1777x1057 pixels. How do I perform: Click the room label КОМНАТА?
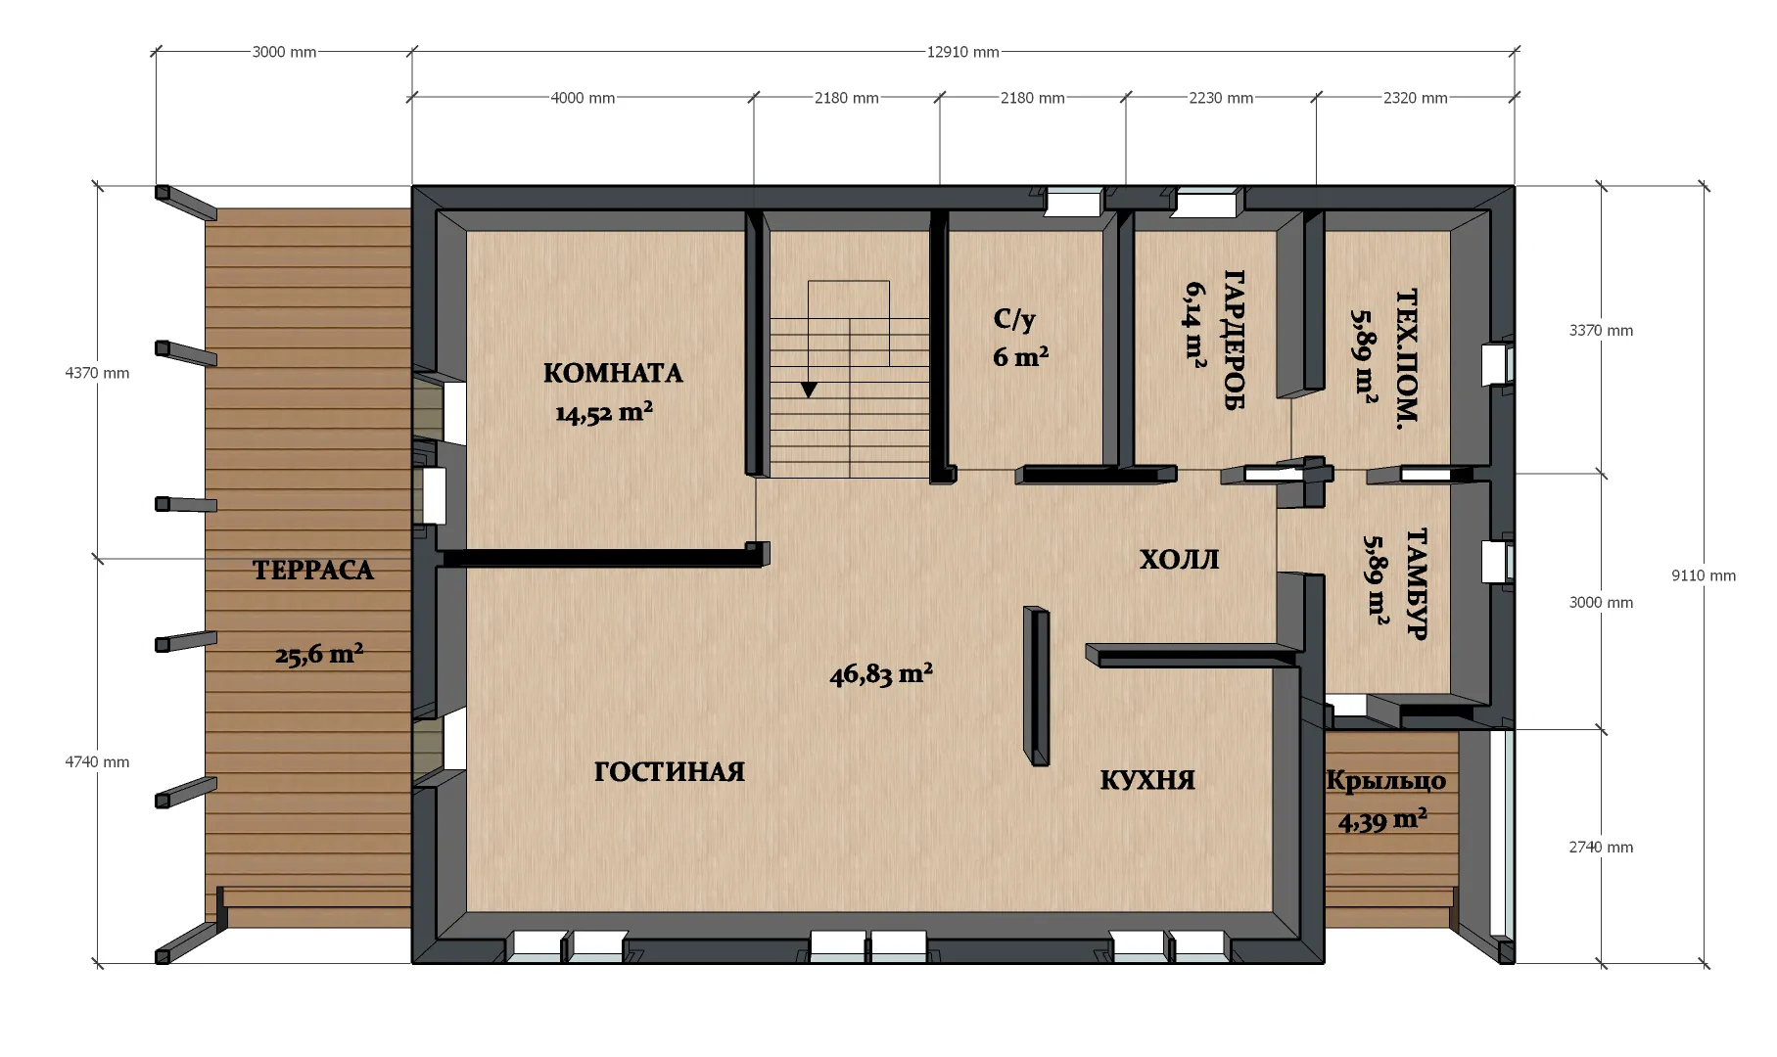tap(613, 373)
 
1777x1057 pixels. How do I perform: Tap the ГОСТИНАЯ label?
tap(670, 772)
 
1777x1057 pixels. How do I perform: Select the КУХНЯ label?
tap(1147, 780)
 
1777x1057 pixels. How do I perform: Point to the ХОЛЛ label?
tap(1179, 560)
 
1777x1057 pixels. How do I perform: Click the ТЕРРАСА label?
tap(313, 571)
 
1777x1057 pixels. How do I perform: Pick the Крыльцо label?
tap(1385, 781)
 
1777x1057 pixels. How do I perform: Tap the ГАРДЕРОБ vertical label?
tap(1234, 340)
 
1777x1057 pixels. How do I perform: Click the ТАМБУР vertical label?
tap(1417, 583)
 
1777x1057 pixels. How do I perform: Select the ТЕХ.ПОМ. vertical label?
tap(1406, 359)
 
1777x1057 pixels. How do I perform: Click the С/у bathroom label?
tap(1014, 319)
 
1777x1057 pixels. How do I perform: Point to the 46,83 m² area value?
tap(881, 674)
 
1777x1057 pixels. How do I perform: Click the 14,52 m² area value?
tap(604, 412)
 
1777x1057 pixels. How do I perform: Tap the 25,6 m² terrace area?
tap(319, 654)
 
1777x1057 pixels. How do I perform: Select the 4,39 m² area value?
tap(1382, 819)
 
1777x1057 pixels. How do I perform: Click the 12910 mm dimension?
tap(963, 52)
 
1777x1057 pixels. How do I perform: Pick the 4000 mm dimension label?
tap(583, 98)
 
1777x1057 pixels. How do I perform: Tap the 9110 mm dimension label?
tap(1704, 575)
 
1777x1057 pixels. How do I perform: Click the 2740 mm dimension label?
tap(1601, 847)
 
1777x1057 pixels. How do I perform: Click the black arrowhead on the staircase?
tap(809, 390)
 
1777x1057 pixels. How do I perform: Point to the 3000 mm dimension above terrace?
tap(284, 52)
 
